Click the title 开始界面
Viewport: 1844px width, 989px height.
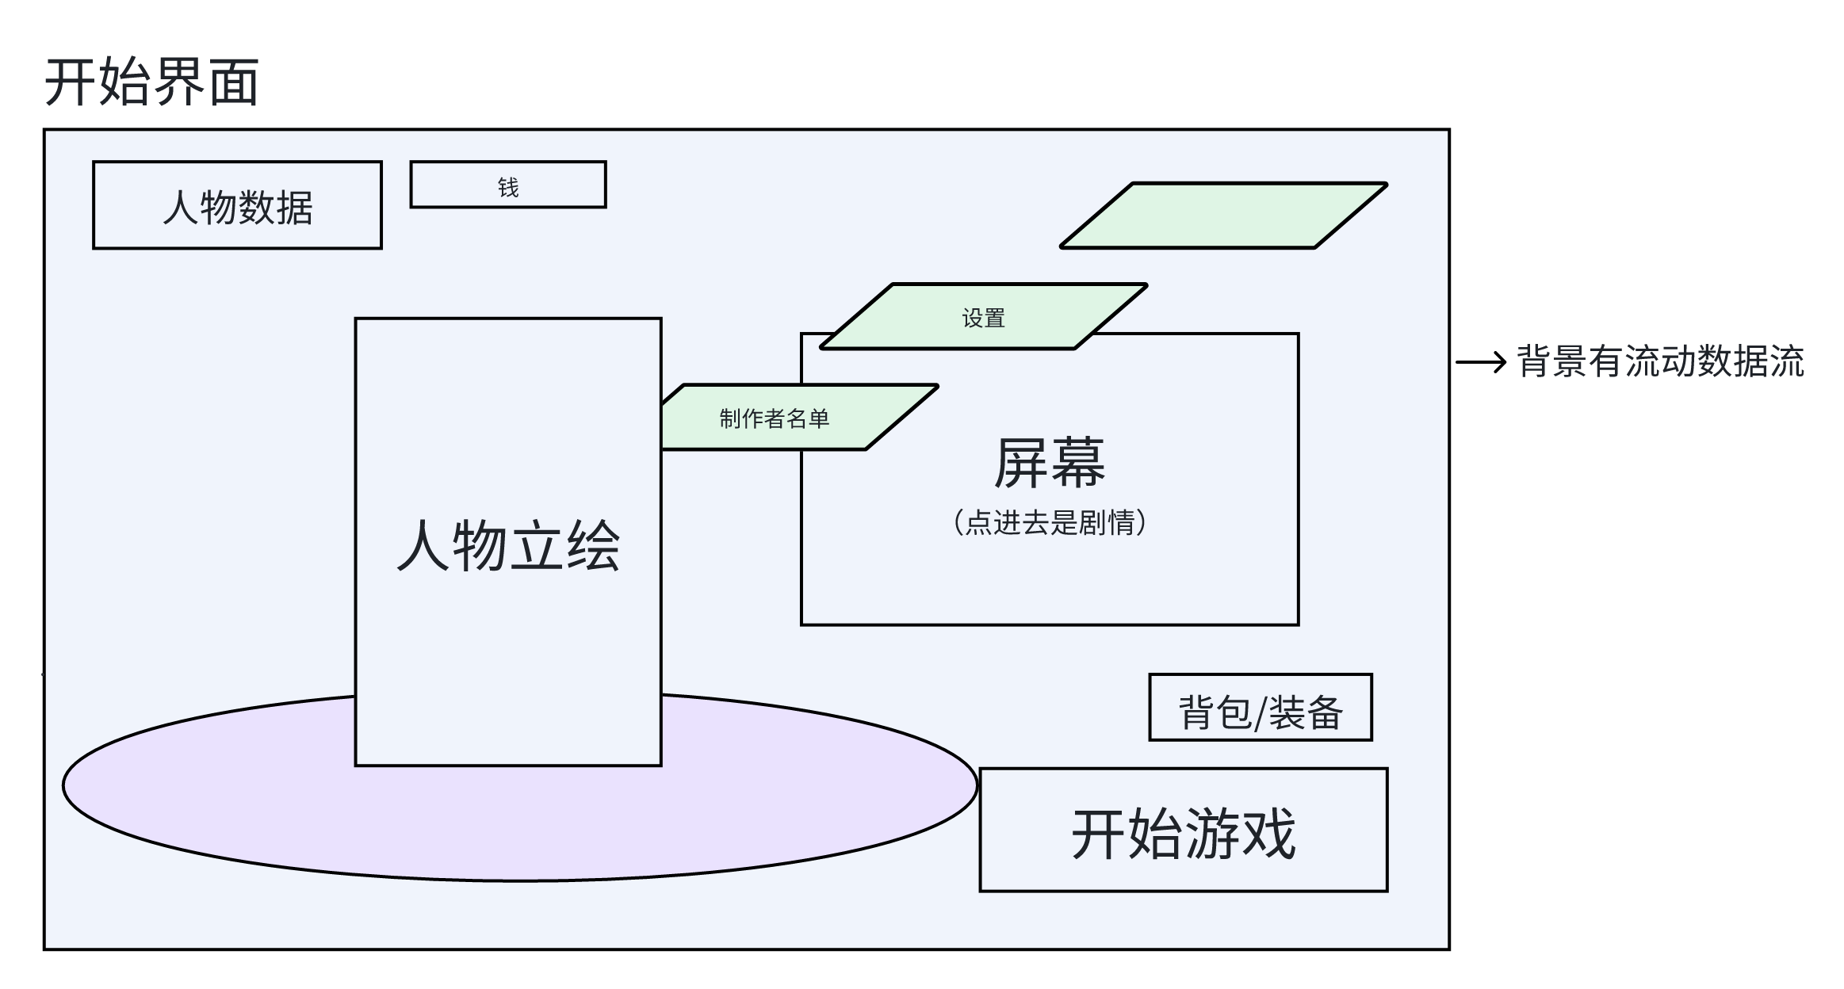(151, 82)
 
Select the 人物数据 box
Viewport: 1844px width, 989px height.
(237, 205)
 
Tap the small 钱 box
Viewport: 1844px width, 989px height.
(555, 185)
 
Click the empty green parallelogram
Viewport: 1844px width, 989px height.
(1223, 216)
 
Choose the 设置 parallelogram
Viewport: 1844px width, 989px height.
(983, 317)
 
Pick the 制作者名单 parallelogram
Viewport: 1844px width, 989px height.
(774, 418)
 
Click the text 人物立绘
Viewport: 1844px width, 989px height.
(508, 545)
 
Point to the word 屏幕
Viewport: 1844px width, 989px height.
(1049, 463)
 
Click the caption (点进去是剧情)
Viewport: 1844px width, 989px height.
(1049, 523)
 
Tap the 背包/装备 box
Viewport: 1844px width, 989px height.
(1260, 708)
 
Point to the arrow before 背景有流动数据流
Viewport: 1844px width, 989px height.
(1480, 363)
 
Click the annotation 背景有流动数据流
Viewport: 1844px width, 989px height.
(1660, 361)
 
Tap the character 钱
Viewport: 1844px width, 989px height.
(508, 187)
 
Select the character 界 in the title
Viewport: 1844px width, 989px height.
(178, 82)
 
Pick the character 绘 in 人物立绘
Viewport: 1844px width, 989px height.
(592, 545)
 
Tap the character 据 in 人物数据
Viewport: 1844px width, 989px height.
(295, 208)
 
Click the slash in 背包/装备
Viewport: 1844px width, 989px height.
(1260, 712)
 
